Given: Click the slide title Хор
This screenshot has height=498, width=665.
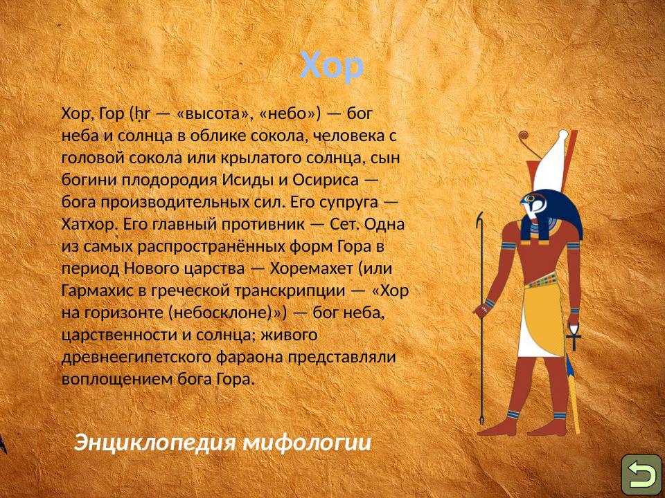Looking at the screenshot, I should click(x=332, y=66).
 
